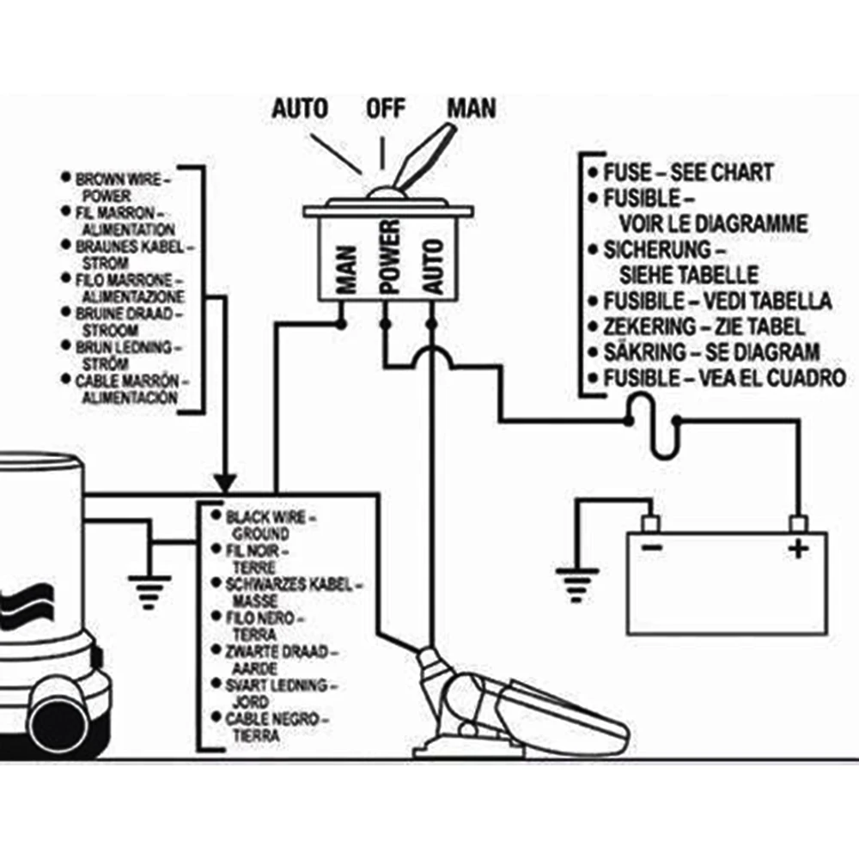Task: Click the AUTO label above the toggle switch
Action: (300, 108)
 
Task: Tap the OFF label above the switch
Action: (386, 108)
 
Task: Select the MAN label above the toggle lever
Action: (472, 108)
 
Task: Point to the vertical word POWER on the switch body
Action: (390, 258)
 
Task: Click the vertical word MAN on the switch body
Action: (347, 270)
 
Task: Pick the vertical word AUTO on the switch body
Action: (433, 267)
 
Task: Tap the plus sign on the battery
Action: (798, 548)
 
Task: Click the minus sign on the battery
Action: (651, 546)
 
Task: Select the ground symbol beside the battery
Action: (577, 584)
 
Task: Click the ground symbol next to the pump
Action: (149, 592)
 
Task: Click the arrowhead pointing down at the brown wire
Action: (224, 483)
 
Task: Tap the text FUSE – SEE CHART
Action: (688, 173)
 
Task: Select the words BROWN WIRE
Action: (119, 180)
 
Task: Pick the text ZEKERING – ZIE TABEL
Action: (704, 327)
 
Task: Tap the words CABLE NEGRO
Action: (271, 719)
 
